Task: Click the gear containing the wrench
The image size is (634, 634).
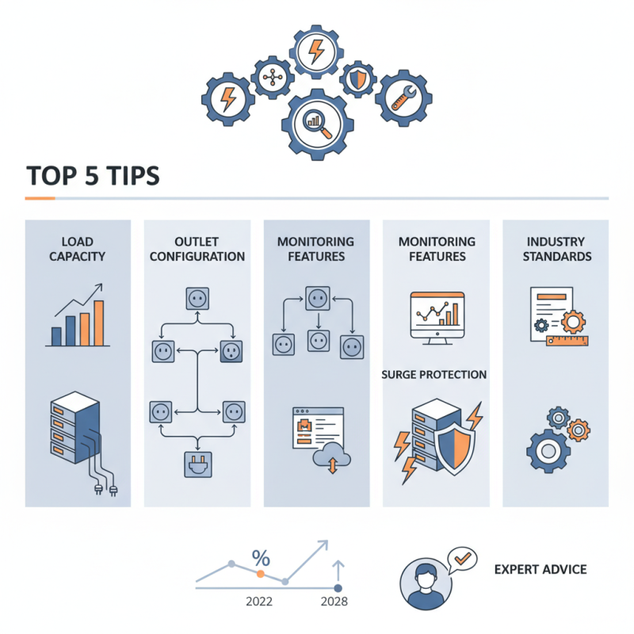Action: (x=403, y=98)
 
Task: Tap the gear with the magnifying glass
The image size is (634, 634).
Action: (x=318, y=125)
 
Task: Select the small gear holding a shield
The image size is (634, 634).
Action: (x=358, y=79)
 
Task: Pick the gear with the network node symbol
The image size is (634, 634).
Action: (x=273, y=77)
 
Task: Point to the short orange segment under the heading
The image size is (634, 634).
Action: (x=40, y=199)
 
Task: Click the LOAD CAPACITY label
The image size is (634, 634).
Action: (x=77, y=249)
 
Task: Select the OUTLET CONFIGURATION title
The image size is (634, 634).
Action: (x=197, y=249)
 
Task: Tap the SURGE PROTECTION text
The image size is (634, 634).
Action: (x=433, y=375)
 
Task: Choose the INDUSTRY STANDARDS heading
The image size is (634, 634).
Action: (x=557, y=249)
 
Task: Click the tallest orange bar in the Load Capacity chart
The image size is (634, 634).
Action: (x=98, y=323)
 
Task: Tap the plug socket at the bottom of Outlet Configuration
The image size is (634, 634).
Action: (x=197, y=464)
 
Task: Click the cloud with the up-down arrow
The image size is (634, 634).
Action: (x=332, y=457)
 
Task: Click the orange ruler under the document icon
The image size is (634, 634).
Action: (x=567, y=341)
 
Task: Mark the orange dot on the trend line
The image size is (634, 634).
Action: (x=261, y=574)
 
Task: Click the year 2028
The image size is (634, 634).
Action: (x=334, y=602)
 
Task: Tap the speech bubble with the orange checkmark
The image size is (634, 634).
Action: (x=463, y=560)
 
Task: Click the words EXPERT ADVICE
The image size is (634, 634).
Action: (x=540, y=570)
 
